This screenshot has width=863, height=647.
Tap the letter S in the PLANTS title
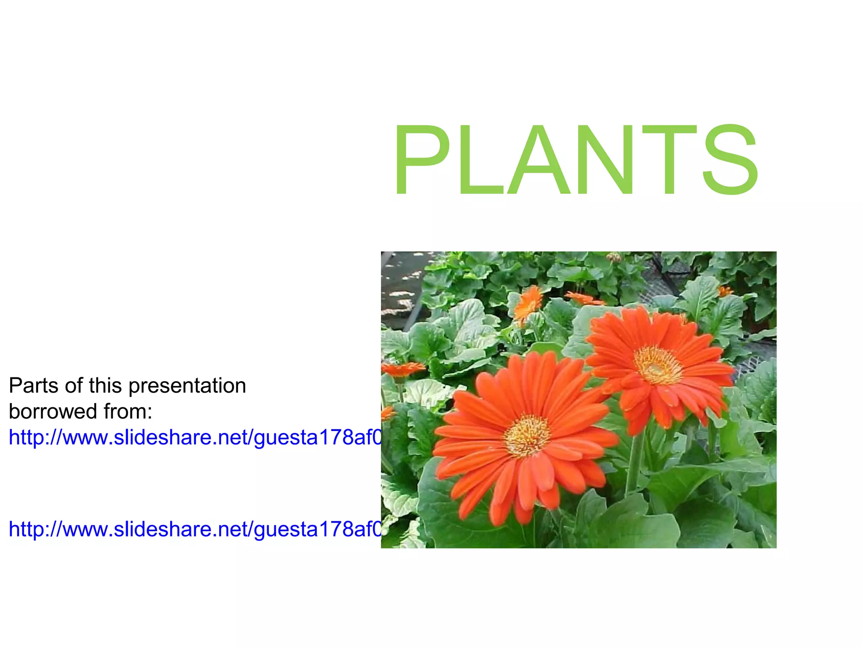click(x=730, y=160)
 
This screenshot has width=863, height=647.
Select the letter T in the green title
click(x=670, y=160)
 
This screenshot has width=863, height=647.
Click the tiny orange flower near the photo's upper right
click(x=725, y=291)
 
